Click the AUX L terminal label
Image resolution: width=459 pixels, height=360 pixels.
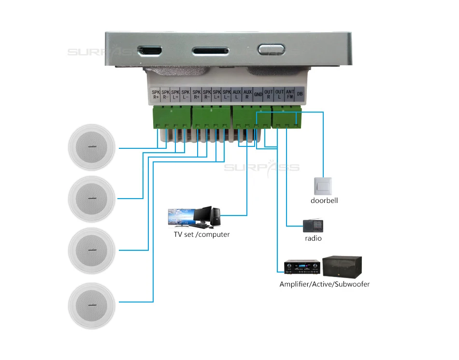(237, 94)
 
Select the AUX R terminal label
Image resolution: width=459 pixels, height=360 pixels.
(247, 94)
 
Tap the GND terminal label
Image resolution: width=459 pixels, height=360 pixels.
(258, 94)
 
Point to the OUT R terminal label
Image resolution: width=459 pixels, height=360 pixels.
(269, 94)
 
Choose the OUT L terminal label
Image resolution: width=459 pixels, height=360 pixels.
(279, 94)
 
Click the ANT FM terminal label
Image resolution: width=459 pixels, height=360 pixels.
(290, 94)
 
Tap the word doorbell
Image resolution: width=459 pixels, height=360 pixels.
(324, 200)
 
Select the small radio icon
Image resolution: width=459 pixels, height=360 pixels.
(312, 225)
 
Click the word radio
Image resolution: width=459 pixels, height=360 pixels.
(313, 238)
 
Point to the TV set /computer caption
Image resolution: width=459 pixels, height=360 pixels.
(202, 234)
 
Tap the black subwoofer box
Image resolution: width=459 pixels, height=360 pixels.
(343, 266)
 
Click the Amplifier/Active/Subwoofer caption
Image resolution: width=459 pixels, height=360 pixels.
(324, 284)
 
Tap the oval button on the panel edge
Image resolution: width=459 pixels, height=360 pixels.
(267, 50)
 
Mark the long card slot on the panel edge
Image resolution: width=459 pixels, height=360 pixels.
(211, 50)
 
